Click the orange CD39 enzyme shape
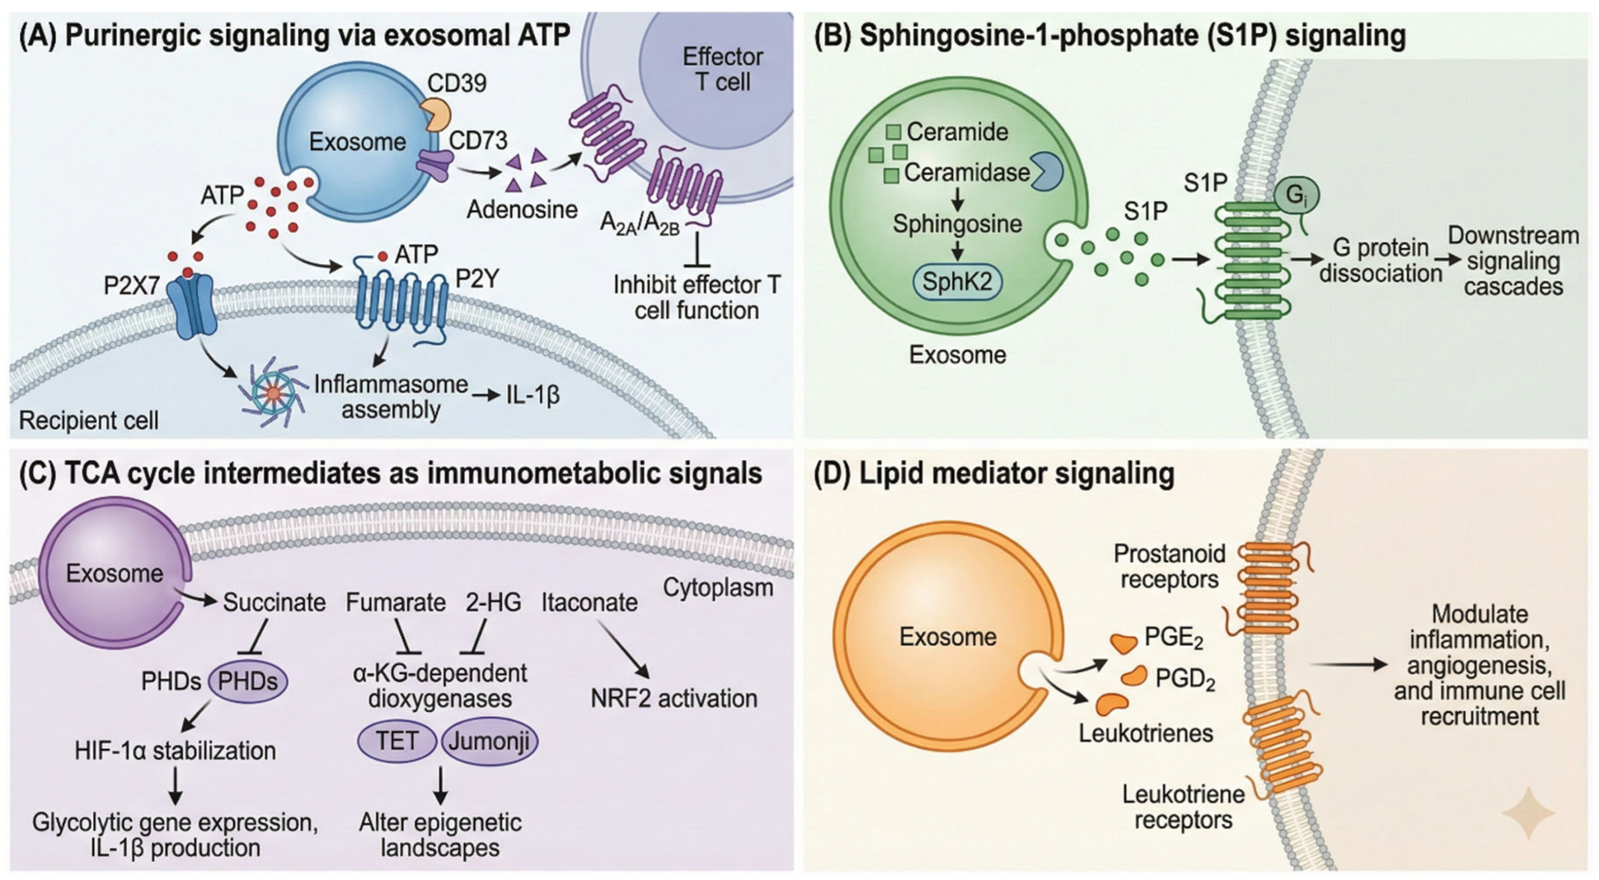pos(436,112)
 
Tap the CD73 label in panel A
pos(478,140)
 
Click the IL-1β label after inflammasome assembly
pos(533,395)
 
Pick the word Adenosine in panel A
pos(522,209)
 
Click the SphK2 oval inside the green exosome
pos(957,282)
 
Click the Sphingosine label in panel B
pos(957,224)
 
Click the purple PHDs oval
pos(248,681)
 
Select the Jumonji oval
pos(489,741)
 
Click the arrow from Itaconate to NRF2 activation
pos(623,649)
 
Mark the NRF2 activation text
pos(674,699)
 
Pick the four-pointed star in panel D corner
pos(1528,813)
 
